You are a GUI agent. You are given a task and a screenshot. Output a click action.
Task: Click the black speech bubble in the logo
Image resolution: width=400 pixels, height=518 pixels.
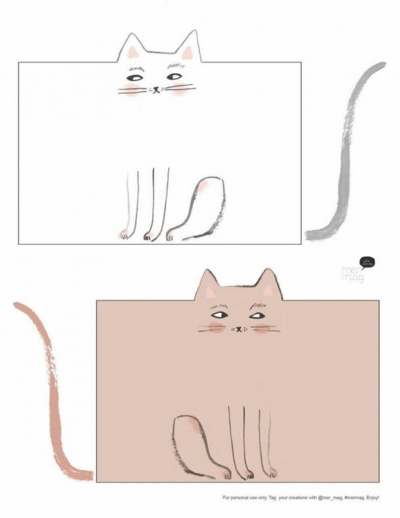(367, 263)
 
